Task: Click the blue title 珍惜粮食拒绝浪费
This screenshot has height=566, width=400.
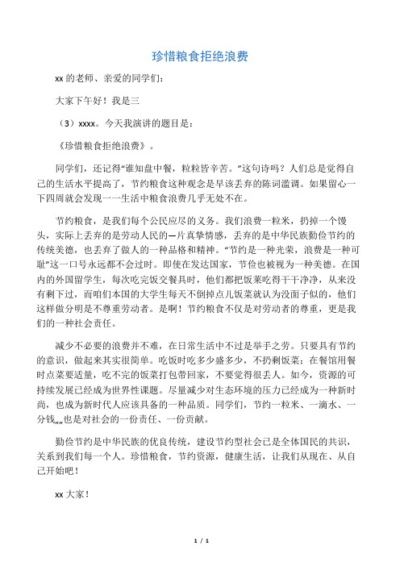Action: pyautogui.click(x=200, y=56)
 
